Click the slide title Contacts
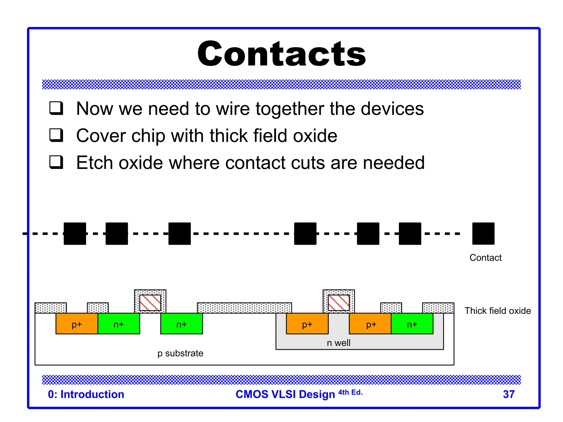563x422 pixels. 281,54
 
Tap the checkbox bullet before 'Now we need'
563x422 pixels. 56,108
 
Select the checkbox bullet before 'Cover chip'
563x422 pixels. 56,135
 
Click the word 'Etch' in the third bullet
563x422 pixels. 94,163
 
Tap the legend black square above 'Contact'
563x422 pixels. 483,234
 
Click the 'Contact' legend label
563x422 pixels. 485,258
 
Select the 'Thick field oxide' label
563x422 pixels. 498,311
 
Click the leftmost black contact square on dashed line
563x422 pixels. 75,234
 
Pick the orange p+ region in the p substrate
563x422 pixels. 77,324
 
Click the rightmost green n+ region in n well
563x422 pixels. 412,324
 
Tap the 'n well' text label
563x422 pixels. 338,343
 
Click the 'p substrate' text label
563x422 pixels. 180,353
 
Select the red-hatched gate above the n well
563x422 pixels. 339,302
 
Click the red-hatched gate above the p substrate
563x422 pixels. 150,302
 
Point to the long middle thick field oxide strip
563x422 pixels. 244,308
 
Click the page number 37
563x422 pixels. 509,394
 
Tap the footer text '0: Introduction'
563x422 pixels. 86,394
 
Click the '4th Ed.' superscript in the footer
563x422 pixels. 350,392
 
